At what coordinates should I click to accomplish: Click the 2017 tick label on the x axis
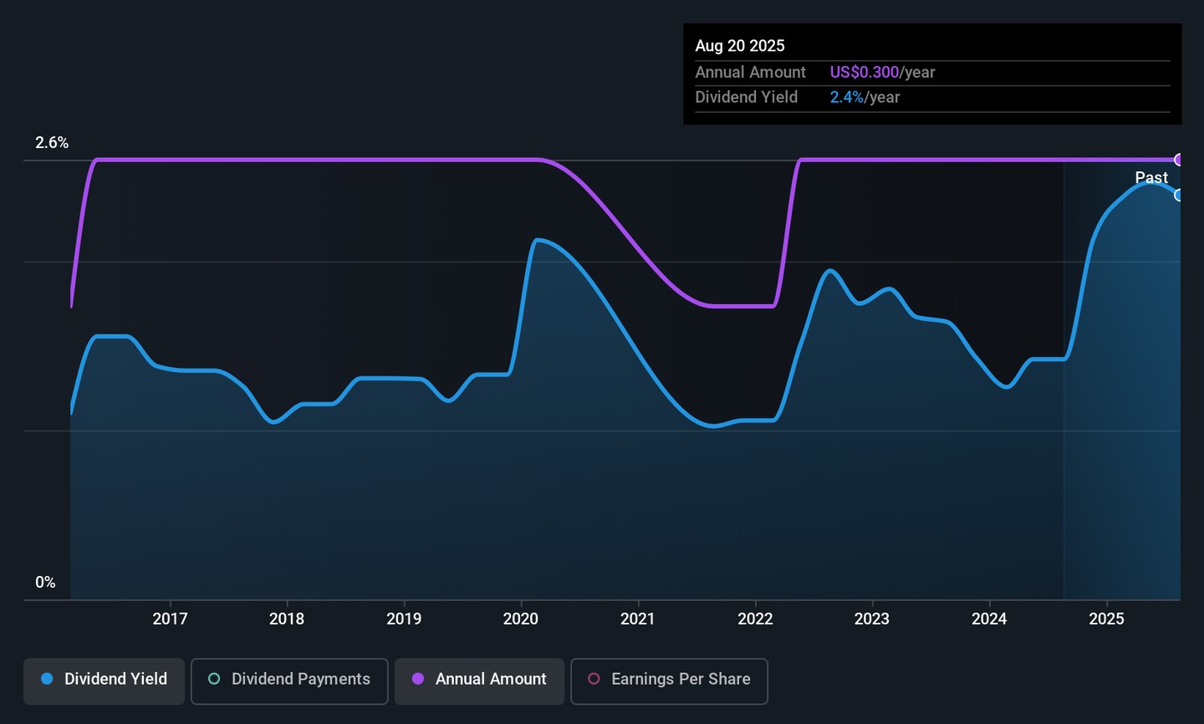pos(170,619)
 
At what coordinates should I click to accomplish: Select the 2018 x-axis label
pos(287,619)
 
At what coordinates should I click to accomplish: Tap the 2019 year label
pos(404,619)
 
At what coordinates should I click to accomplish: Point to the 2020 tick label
pos(521,619)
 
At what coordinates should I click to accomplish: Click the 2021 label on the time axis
pos(638,619)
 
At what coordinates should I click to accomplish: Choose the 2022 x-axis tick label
pos(755,619)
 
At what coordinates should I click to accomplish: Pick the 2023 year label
pos(872,619)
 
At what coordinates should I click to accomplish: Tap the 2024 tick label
pos(989,619)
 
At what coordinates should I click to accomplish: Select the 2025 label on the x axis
pos(1106,619)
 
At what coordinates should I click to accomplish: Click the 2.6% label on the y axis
pos(52,143)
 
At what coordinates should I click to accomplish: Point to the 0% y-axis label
pos(45,583)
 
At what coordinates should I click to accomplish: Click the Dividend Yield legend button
pos(104,680)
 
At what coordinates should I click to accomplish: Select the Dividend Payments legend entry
pos(289,680)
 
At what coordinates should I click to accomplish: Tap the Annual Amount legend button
pos(479,680)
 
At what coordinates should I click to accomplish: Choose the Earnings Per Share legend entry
pos(669,680)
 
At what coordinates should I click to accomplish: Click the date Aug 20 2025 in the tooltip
pos(740,46)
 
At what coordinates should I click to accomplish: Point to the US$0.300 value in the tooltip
pos(865,73)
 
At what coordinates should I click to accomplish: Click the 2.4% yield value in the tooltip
pos(847,98)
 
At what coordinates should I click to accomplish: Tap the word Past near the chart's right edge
pos(1151,177)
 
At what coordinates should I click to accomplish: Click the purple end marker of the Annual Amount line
pos(1179,160)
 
